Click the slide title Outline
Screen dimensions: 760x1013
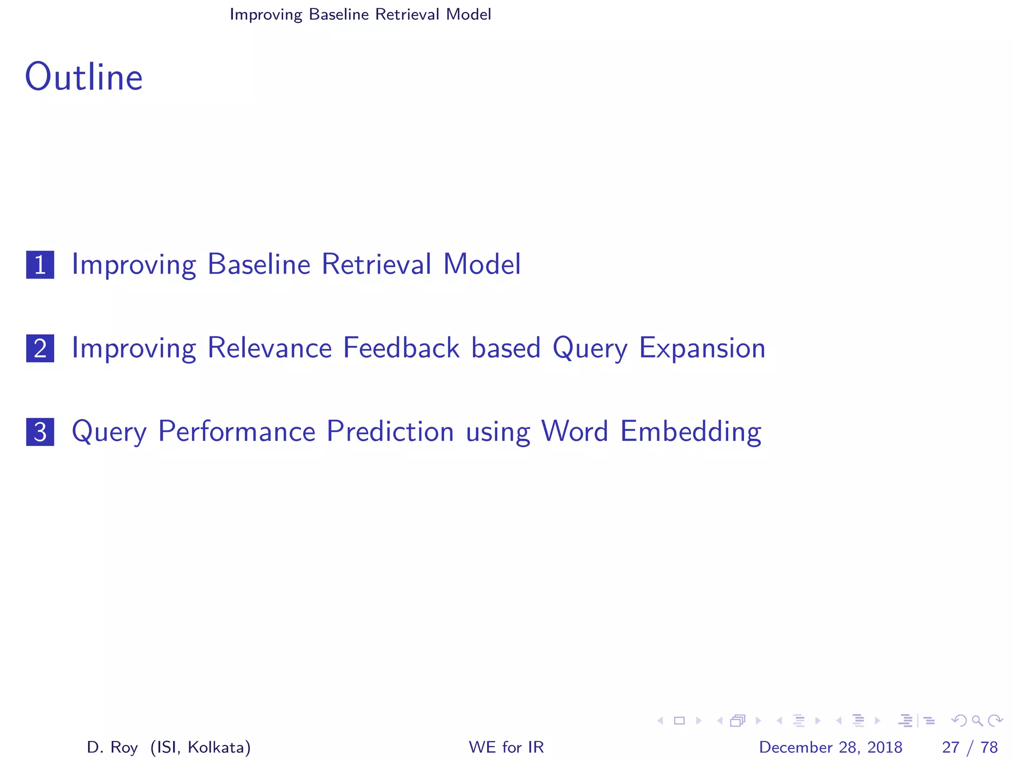pyautogui.click(x=84, y=78)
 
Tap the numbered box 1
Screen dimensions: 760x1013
pyautogui.click(x=40, y=265)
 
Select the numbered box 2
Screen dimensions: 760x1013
pyautogui.click(x=40, y=348)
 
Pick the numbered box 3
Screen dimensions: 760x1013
pyautogui.click(x=40, y=432)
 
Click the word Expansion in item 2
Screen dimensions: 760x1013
pyautogui.click(x=702, y=348)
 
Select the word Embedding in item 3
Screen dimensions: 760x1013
pyautogui.click(x=691, y=431)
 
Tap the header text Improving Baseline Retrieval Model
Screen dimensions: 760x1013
pyautogui.click(x=360, y=14)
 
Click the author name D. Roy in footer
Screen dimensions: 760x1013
pyautogui.click(x=112, y=747)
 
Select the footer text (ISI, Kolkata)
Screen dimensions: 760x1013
pyautogui.click(x=200, y=747)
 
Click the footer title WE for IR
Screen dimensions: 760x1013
pyautogui.click(x=506, y=747)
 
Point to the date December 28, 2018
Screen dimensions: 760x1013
pyautogui.click(x=830, y=747)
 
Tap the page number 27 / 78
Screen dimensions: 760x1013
pyautogui.click(x=969, y=747)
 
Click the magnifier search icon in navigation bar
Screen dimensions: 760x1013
pyautogui.click(x=977, y=720)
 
